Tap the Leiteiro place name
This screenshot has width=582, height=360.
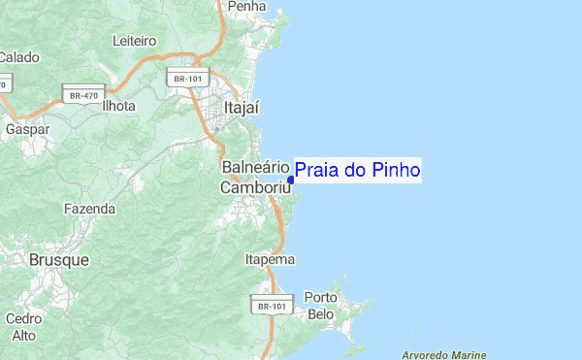pyautogui.click(x=135, y=42)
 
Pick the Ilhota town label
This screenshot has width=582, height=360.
pyautogui.click(x=118, y=106)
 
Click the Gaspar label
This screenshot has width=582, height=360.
pyautogui.click(x=27, y=128)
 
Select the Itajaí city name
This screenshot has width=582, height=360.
pyautogui.click(x=243, y=108)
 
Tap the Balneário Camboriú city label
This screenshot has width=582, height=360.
pyautogui.click(x=257, y=178)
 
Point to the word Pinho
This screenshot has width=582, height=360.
pyautogui.click(x=395, y=171)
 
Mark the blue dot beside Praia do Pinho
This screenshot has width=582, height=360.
pyautogui.click(x=291, y=180)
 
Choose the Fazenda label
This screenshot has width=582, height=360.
pyautogui.click(x=89, y=209)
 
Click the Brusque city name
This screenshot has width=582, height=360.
pyautogui.click(x=59, y=260)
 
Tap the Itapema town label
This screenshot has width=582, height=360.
pyautogui.click(x=270, y=260)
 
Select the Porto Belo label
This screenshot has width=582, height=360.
pyautogui.click(x=320, y=306)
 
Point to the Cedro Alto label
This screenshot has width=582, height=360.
pyautogui.click(x=23, y=327)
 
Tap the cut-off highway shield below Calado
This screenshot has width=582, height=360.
pyautogui.click(x=3, y=84)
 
